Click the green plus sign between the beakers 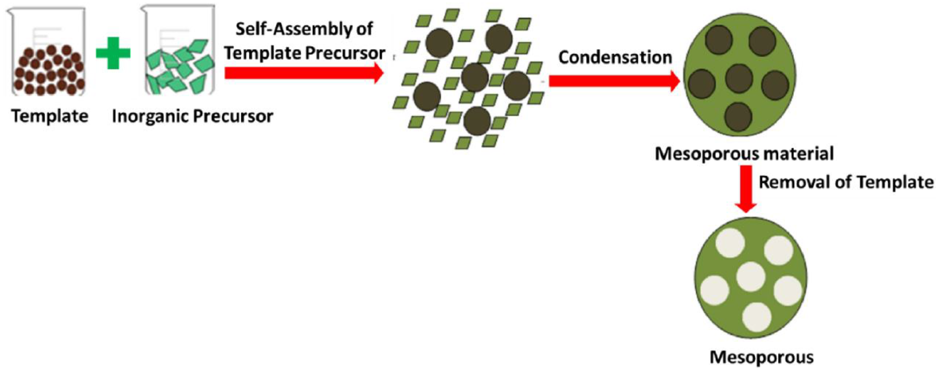113,53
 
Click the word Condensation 615,57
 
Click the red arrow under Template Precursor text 304,73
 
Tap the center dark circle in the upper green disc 739,78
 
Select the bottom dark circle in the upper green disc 738,117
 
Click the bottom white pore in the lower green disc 757,317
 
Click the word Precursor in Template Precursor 345,53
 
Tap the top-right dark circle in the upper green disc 762,41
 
